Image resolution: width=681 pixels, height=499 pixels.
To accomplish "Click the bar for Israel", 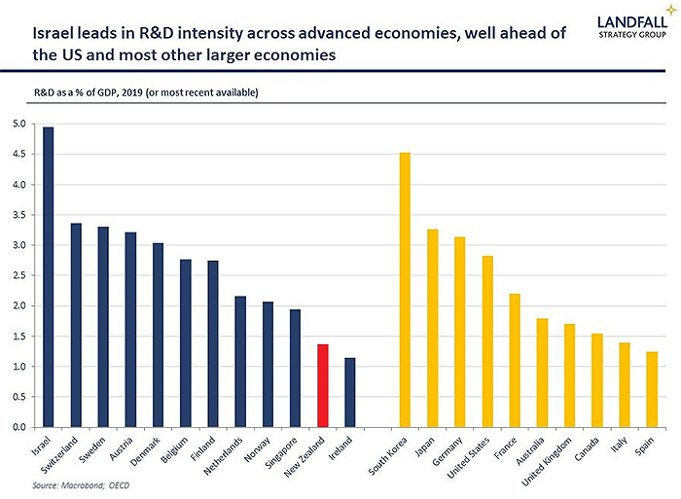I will coord(48,277).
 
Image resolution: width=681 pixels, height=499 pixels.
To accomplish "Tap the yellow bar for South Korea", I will coord(405,290).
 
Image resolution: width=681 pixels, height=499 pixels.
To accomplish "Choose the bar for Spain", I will coord(651,389).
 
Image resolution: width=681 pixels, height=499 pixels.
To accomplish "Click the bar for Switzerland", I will coord(76,325).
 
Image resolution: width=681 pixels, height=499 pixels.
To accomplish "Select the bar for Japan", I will coord(432,328).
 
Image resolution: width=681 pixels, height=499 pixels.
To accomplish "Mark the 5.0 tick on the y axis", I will coord(19,125).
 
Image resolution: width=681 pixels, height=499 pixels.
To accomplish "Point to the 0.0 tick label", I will coord(19,427).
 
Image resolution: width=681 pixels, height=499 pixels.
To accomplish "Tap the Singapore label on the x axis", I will coord(284,449).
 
